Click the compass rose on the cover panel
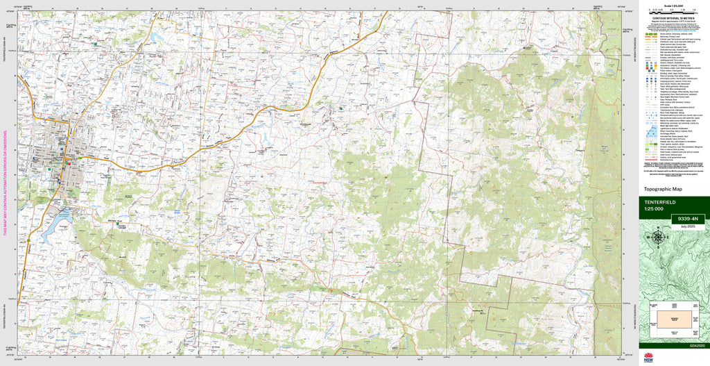657,235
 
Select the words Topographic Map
664,189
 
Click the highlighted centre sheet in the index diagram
674,313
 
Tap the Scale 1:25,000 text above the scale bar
673,4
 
